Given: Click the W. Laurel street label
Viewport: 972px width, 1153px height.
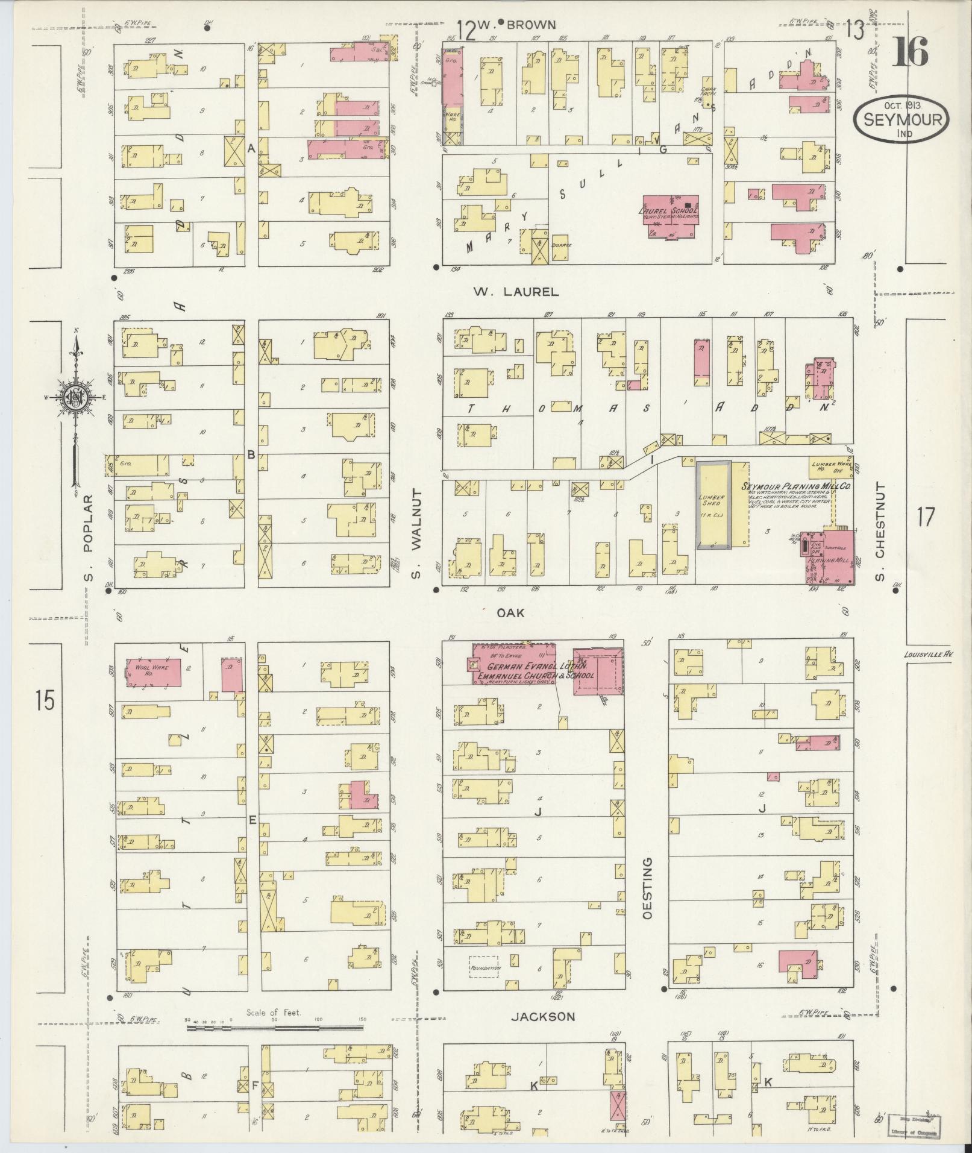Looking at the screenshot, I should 515,292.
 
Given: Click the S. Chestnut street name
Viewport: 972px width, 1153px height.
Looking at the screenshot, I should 880,532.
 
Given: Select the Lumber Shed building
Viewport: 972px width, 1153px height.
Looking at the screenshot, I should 713,504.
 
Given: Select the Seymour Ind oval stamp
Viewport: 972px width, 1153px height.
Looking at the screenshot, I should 901,120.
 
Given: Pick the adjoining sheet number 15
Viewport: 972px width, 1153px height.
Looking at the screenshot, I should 45,700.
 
